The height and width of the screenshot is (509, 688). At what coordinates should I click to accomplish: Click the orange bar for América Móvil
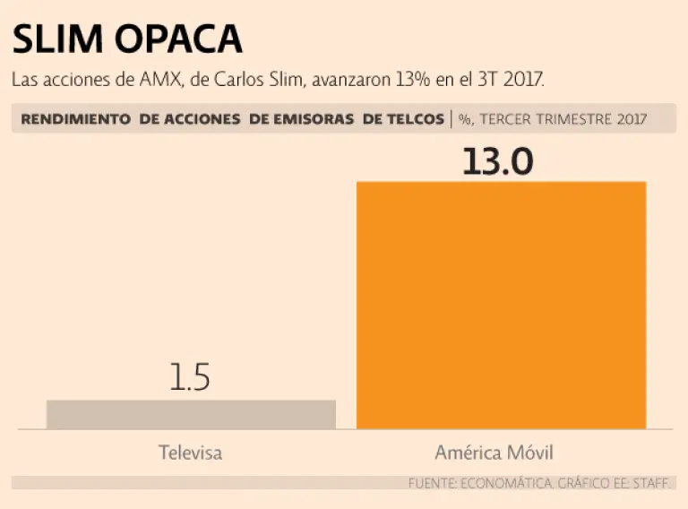501,305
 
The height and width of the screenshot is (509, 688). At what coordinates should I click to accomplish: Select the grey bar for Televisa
191,414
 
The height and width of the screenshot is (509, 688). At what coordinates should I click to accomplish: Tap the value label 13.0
498,162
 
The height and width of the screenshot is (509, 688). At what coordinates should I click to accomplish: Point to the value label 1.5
190,377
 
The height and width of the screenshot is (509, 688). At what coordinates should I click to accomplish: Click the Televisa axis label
190,453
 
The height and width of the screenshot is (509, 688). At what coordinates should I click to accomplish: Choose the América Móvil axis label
501,453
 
